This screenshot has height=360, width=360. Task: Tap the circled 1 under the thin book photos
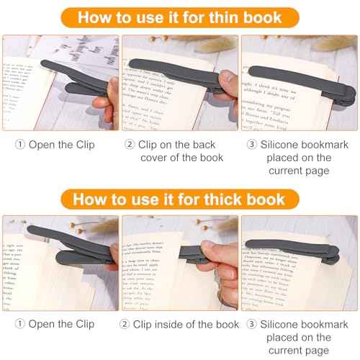click(x=19, y=145)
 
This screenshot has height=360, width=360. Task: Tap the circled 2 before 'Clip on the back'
click(x=130, y=145)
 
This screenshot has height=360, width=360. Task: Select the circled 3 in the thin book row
click(x=251, y=145)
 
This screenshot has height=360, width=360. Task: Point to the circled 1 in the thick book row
click(x=19, y=325)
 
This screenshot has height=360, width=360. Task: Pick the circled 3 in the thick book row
click(x=251, y=325)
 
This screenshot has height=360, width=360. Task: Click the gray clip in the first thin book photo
click(x=72, y=76)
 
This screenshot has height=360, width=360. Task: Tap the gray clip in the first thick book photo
click(x=65, y=241)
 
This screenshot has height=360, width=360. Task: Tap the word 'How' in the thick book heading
click(x=92, y=199)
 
